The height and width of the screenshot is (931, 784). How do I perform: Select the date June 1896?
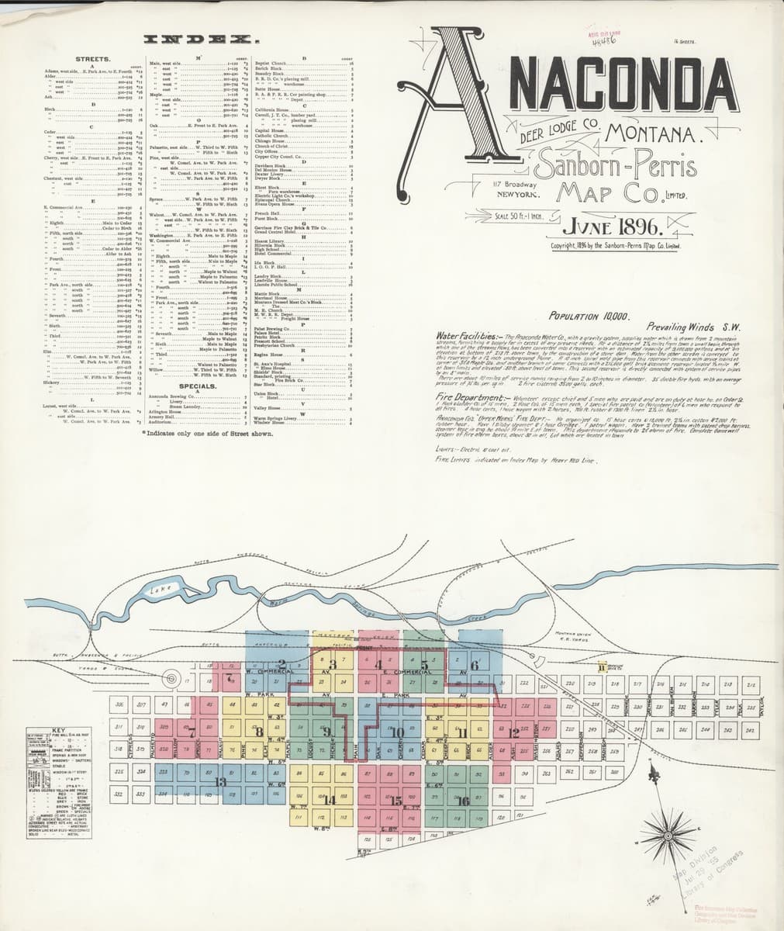(613, 227)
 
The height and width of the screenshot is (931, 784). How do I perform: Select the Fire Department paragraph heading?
(470, 396)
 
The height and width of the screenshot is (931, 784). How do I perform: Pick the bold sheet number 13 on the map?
(220, 781)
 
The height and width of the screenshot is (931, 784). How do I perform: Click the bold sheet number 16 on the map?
(463, 800)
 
